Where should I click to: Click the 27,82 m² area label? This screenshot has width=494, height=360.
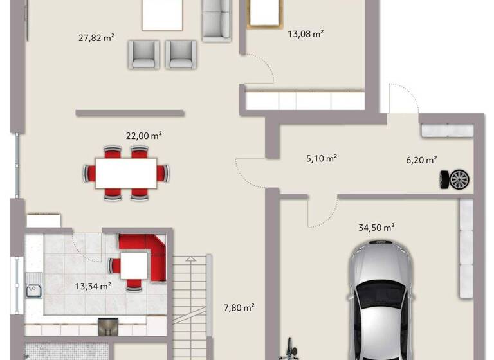pos(96,38)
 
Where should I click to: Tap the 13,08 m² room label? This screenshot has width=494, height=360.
pos(305,34)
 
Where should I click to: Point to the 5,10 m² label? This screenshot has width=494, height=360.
pos(321,157)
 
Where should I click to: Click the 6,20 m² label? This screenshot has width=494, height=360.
pos(421,159)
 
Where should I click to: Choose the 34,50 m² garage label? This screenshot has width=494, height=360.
pos(376,227)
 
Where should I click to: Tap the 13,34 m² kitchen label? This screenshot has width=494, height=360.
pos(93,286)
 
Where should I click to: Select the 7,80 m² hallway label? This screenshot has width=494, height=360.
pos(239,307)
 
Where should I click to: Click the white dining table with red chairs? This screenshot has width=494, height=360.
pos(126,173)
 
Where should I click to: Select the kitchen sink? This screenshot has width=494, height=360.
pos(33,291)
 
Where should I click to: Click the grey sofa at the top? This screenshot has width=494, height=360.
pos(217,21)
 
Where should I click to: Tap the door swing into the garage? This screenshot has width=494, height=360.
pos(322,212)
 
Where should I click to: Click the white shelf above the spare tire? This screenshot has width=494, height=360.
pos(446,130)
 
